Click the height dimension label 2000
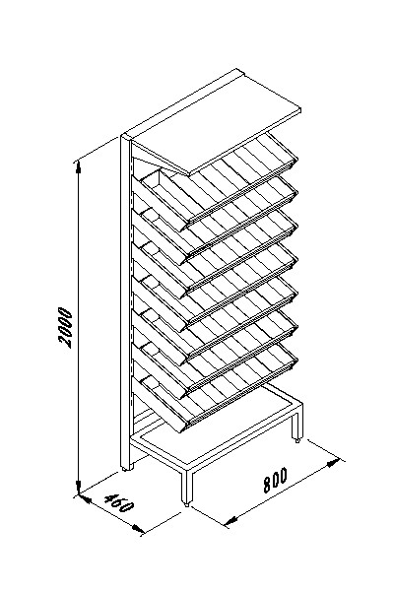point(65,327)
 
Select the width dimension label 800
point(275,480)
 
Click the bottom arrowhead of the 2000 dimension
point(79,487)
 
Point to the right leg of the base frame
point(297,424)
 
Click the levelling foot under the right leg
point(297,440)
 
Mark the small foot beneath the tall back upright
point(125,469)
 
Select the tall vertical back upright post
point(126,301)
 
